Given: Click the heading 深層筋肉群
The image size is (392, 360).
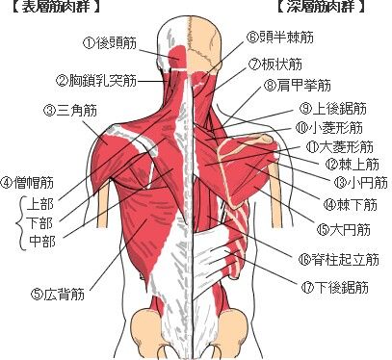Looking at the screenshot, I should tap(319, 9).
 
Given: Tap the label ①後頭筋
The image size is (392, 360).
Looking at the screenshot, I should tap(113, 43).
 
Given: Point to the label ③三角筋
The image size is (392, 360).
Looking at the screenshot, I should tap(71, 110).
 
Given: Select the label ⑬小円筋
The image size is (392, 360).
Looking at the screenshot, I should tap(357, 181).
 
